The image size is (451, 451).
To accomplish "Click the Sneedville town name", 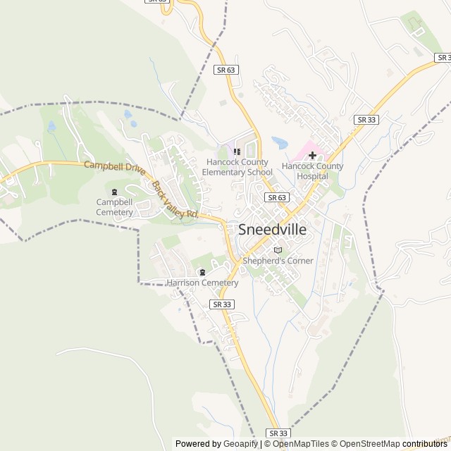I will pyautogui.click(x=273, y=229).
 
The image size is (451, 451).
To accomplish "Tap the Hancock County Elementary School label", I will pyautogui.click(x=237, y=167).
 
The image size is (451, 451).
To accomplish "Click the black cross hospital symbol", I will pyautogui.click(x=312, y=155).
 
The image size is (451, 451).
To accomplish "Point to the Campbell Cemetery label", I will pyautogui.click(x=115, y=207).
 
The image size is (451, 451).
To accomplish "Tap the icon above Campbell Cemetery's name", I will pyautogui.click(x=115, y=192).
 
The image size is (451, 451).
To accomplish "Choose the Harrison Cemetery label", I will pyautogui.click(x=202, y=283).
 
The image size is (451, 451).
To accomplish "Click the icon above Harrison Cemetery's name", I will pyautogui.click(x=202, y=273).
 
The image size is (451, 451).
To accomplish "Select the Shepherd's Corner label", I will pyautogui.click(x=278, y=261).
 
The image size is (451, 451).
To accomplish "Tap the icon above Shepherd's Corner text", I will pyautogui.click(x=278, y=250).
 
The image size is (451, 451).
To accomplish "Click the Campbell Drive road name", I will pyautogui.click(x=114, y=168).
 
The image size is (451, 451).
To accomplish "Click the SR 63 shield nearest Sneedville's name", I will pyautogui.click(x=277, y=198).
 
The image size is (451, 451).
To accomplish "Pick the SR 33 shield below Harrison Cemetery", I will pyautogui.click(x=221, y=304).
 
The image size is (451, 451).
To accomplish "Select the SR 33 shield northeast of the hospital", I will pyautogui.click(x=367, y=120).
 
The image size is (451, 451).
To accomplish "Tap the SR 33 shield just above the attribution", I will pyautogui.click(x=278, y=433).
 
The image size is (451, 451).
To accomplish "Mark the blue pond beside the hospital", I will pyautogui.click(x=280, y=142).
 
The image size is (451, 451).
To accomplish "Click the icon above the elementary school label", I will pyautogui.click(x=237, y=151).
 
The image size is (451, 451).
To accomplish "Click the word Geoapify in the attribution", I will pyautogui.click(x=240, y=444).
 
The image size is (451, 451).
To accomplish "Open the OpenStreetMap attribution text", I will pyautogui.click(x=366, y=444).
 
